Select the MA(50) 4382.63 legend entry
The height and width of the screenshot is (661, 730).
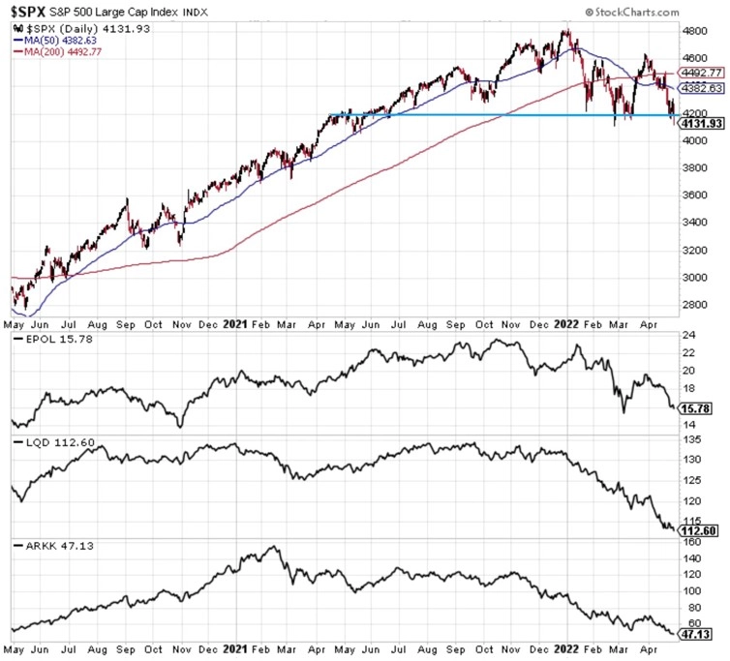point(63,41)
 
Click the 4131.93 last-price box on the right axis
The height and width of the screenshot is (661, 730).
point(702,124)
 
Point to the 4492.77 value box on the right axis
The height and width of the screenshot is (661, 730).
point(702,71)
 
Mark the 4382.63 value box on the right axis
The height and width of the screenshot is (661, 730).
point(702,87)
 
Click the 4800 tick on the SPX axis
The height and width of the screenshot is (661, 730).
point(696,31)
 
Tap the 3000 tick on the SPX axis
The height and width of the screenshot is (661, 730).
point(696,277)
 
